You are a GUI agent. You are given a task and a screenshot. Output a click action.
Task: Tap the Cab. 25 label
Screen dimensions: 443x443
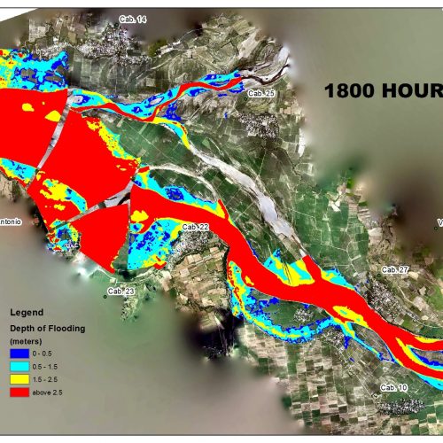261,93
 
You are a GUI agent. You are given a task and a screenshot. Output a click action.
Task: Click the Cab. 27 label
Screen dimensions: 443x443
394,269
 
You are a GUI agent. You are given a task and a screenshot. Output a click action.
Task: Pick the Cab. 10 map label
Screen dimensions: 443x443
393,388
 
